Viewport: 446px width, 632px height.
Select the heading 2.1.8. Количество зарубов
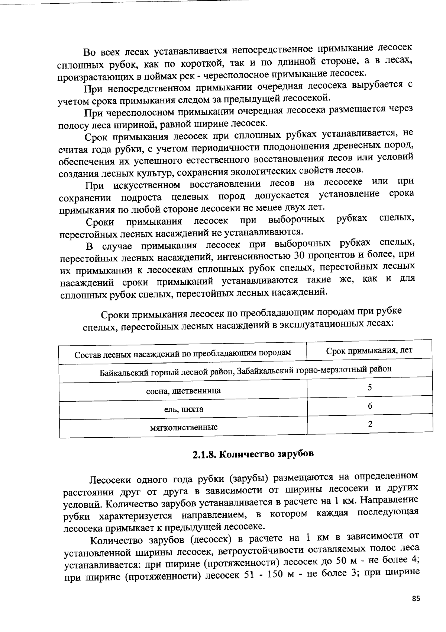pos(253,454)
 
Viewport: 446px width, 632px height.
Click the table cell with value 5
pos(370,388)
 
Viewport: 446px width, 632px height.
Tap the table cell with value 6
pos(370,406)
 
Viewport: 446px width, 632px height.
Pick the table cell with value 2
pos(370,424)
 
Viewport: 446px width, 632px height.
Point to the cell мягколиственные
pos(184,427)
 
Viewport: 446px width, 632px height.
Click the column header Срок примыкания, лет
pos(369,351)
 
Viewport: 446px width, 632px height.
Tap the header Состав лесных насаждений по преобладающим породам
pos(182,353)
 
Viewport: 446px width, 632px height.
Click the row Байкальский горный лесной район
pos(245,370)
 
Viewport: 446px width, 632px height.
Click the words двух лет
pos(308,207)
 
